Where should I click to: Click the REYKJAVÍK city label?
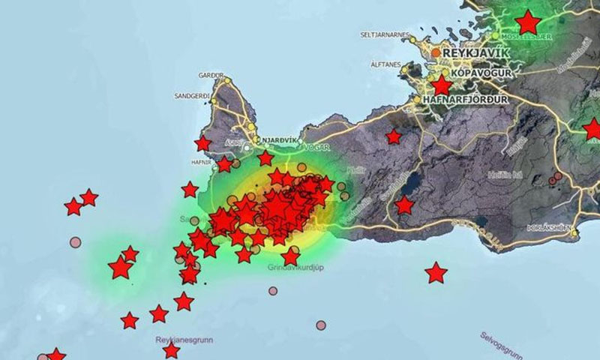tap(476, 53)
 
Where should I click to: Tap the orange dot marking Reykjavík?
tap(436, 52)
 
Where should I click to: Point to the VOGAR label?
tap(314, 139)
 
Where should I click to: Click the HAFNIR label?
tap(202, 160)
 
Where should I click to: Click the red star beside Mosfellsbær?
tap(529, 22)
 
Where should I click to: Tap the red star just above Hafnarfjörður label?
tap(442, 85)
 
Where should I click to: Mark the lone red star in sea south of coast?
tap(436, 273)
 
